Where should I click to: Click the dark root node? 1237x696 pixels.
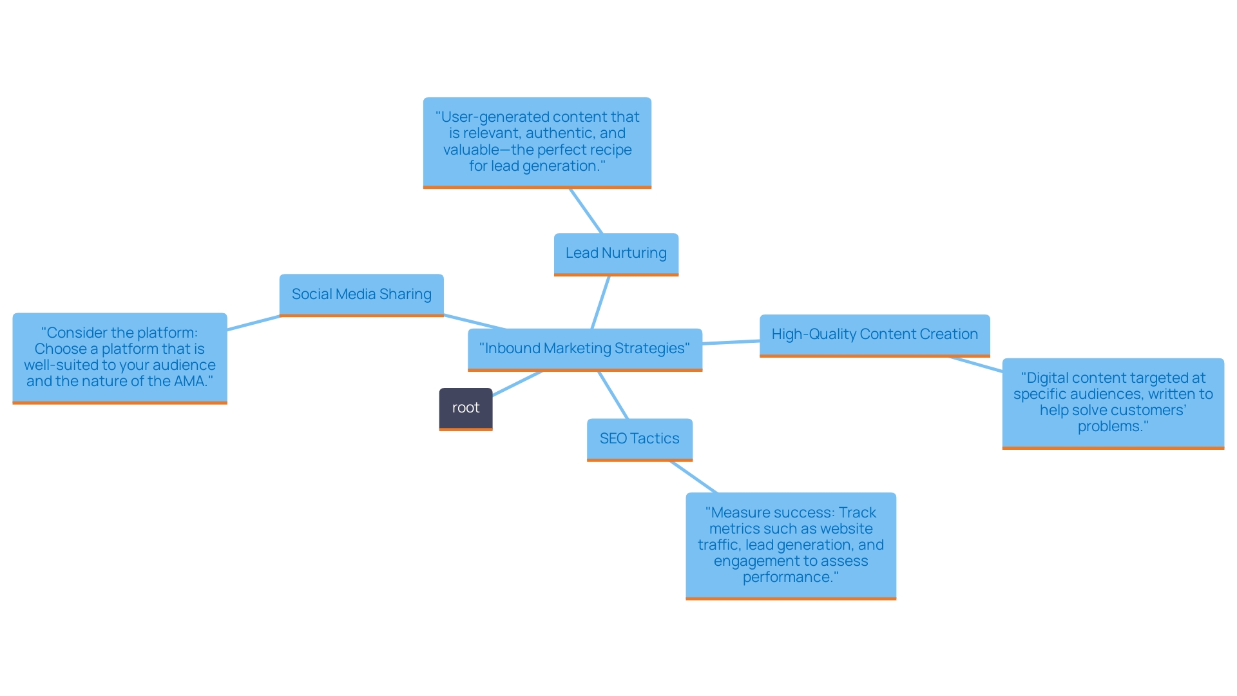click(465, 408)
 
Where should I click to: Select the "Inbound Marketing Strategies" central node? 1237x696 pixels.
click(584, 349)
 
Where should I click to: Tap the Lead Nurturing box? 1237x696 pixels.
click(616, 253)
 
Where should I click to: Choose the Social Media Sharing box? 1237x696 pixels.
click(361, 295)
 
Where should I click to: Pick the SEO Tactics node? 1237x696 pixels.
click(639, 439)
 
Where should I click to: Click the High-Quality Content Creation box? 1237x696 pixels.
click(874, 334)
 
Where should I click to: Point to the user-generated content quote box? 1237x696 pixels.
click(537, 142)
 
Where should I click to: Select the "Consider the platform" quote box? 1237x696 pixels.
click(120, 357)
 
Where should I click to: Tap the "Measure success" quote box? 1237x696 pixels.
click(791, 545)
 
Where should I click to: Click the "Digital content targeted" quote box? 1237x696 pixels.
click(1113, 402)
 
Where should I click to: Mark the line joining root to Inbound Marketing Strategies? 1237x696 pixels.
click(517, 383)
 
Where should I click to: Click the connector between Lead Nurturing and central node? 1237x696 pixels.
click(600, 302)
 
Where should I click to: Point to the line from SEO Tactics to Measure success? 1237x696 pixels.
click(694, 477)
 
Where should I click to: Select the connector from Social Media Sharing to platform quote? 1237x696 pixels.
click(253, 323)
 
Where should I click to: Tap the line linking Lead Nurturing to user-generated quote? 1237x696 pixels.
click(586, 211)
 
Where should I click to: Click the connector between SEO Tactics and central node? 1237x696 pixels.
click(613, 395)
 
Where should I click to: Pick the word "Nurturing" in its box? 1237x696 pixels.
click(634, 253)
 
